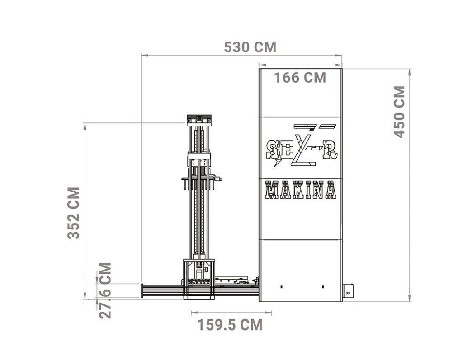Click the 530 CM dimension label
(x=250, y=47)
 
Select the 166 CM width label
(x=300, y=78)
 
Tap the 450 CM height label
(x=400, y=112)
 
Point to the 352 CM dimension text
(x=74, y=213)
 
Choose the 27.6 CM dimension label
(x=105, y=290)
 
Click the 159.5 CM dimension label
(x=230, y=325)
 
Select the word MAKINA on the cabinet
(x=301, y=190)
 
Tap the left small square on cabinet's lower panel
(x=281, y=286)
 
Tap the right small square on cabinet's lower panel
(x=323, y=286)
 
